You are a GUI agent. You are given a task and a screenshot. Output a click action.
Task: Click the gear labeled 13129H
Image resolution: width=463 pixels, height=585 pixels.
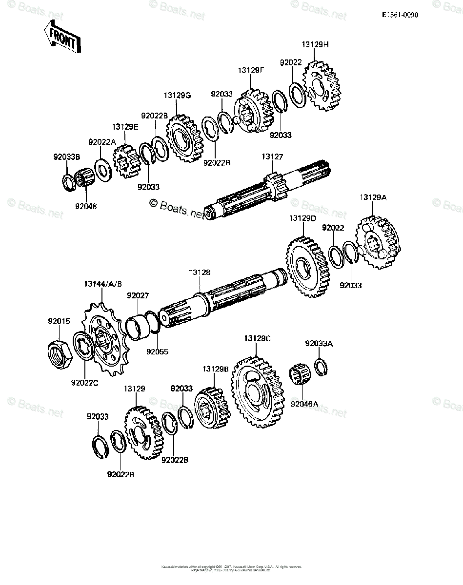coord(322,85)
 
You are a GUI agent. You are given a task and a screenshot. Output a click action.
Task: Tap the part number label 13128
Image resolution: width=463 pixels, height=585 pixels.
coord(200,273)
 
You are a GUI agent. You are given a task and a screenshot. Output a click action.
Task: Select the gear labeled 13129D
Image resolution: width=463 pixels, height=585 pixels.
coord(307,267)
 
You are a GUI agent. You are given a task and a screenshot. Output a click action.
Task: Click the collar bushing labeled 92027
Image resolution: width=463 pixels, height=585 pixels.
coord(139,326)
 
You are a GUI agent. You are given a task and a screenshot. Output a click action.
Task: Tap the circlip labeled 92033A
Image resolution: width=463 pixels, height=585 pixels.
coord(320,367)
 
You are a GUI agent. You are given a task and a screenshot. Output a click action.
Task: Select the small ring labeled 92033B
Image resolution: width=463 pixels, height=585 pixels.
coord(68,182)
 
